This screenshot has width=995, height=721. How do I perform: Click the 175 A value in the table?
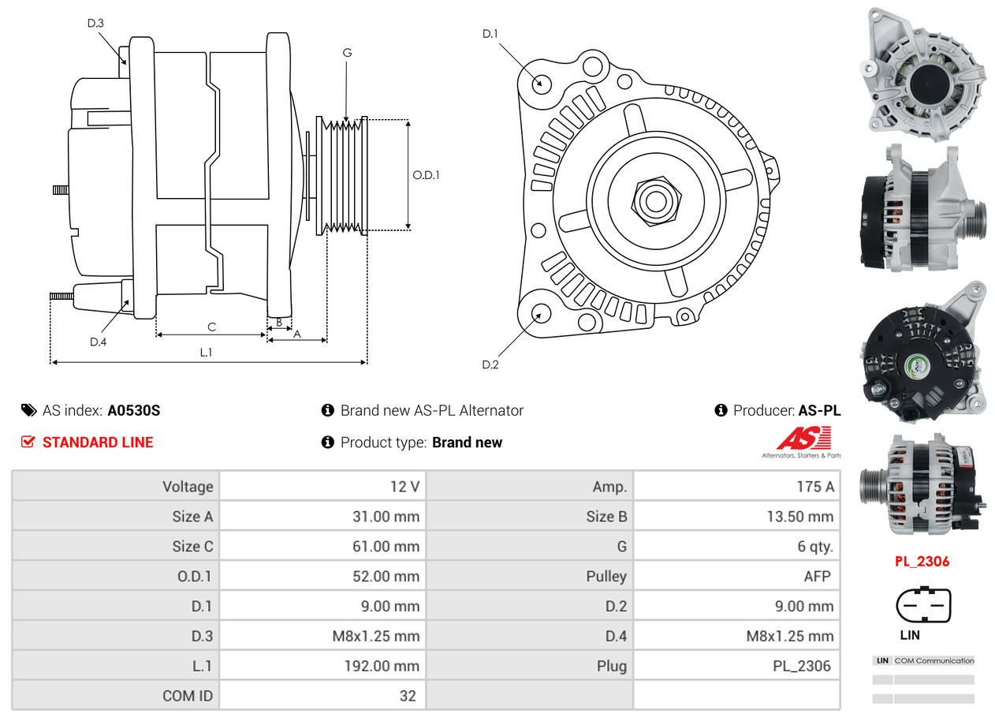pyautogui.click(x=814, y=487)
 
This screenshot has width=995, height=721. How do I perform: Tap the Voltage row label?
pyautogui.click(x=188, y=487)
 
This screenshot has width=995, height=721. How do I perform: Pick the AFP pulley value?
pyautogui.click(x=817, y=577)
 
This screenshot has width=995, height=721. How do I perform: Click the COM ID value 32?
pyautogui.click(x=408, y=696)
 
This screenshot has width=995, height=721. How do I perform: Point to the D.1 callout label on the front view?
pyautogui.click(x=490, y=33)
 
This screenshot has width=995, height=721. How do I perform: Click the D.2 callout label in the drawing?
pyautogui.click(x=490, y=364)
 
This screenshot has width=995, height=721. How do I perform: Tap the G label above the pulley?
pyautogui.click(x=347, y=53)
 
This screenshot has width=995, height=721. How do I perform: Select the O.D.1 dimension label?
pyautogui.click(x=426, y=175)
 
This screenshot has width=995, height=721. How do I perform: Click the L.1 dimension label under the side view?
pyautogui.click(x=206, y=353)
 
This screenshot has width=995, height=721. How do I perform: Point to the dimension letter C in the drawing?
pyautogui.click(x=211, y=327)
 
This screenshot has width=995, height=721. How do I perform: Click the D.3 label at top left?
pyautogui.click(x=95, y=23)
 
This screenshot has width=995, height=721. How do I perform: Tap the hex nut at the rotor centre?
pyautogui.click(x=654, y=200)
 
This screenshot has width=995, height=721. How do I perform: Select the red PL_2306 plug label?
pyautogui.click(x=922, y=562)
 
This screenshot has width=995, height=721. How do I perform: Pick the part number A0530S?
pyautogui.click(x=134, y=410)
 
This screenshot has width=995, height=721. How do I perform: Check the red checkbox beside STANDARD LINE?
pyautogui.click(x=28, y=442)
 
